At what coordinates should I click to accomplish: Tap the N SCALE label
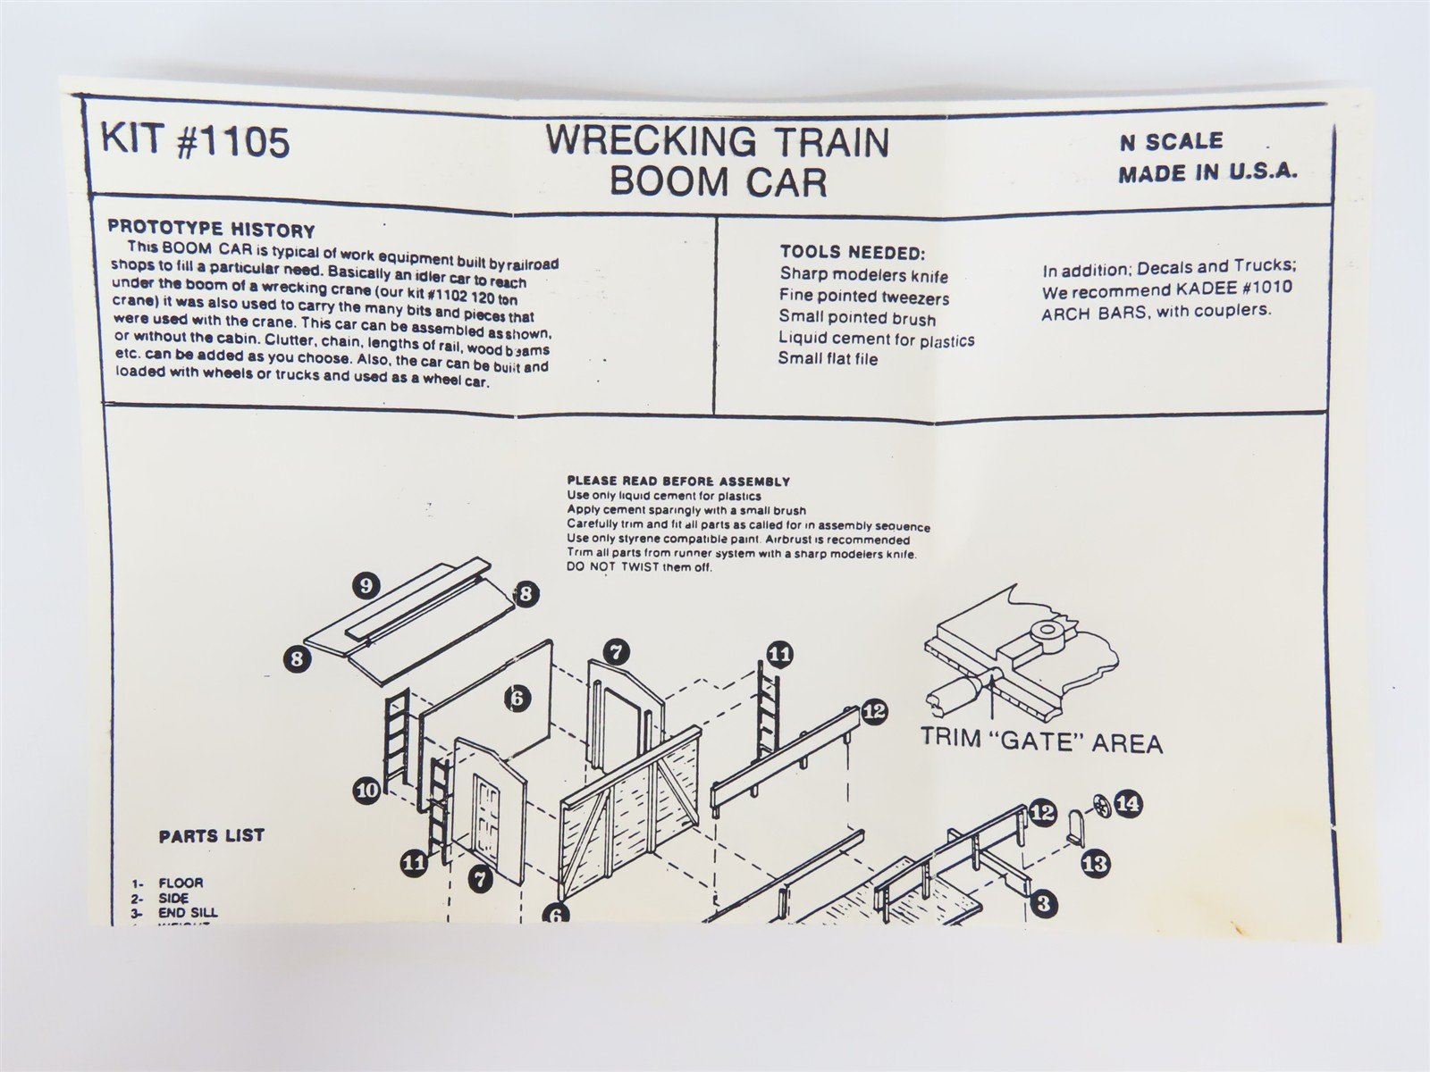tap(1170, 141)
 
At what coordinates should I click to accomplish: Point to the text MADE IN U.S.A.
tap(1207, 173)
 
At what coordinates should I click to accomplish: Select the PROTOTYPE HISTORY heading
tap(211, 230)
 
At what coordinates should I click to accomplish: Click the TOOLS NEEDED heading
tap(852, 253)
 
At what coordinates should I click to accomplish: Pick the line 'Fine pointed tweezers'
tap(863, 297)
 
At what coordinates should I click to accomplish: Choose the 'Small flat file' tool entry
tap(828, 359)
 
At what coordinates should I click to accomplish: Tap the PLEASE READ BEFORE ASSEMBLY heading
tap(678, 482)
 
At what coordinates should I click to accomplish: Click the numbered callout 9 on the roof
tap(366, 586)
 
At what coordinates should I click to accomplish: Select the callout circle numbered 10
tap(366, 790)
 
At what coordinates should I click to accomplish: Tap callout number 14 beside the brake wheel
tap(1127, 804)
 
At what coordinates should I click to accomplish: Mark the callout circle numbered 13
tap(1095, 863)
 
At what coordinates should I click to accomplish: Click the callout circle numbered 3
tap(1042, 903)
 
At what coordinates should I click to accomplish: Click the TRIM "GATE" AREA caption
tap(1041, 743)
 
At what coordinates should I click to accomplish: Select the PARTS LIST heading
tap(212, 836)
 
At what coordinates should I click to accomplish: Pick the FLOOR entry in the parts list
tap(181, 883)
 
